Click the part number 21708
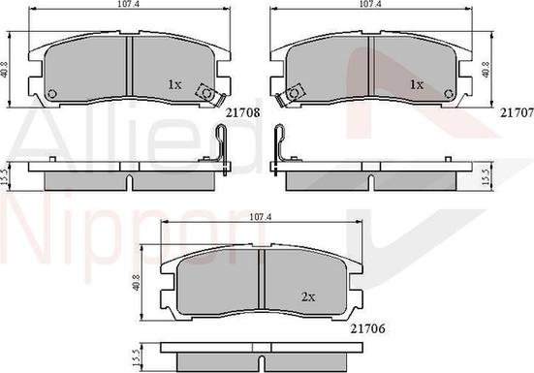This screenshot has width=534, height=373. tap(243, 112)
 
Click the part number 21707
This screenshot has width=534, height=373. tap(517, 112)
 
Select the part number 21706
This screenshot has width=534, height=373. tap(368, 328)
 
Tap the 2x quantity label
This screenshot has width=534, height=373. tap(308, 297)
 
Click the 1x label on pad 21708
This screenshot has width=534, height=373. tap(174, 84)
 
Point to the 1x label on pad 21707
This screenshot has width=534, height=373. tap(417, 84)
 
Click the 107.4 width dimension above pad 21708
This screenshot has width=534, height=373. tap(125, 4)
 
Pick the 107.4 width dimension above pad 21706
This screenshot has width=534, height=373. tap(260, 217)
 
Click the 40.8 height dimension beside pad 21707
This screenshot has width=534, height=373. tap(487, 70)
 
